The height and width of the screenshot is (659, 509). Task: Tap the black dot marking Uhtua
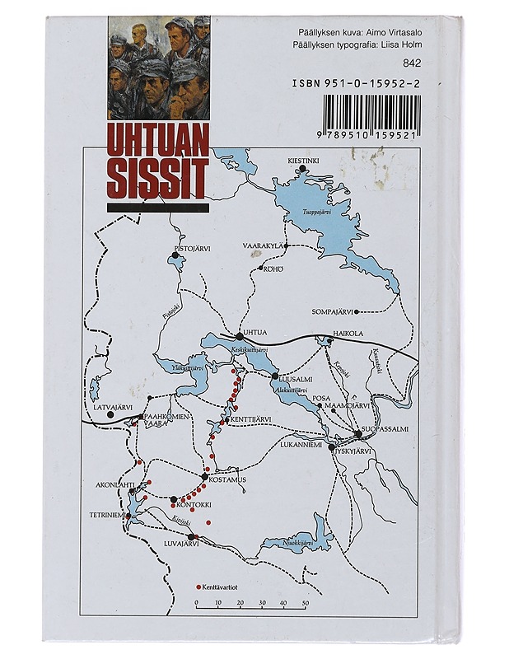pyautogui.click(x=239, y=336)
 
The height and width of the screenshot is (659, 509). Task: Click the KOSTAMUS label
pyautogui.click(x=224, y=479)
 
